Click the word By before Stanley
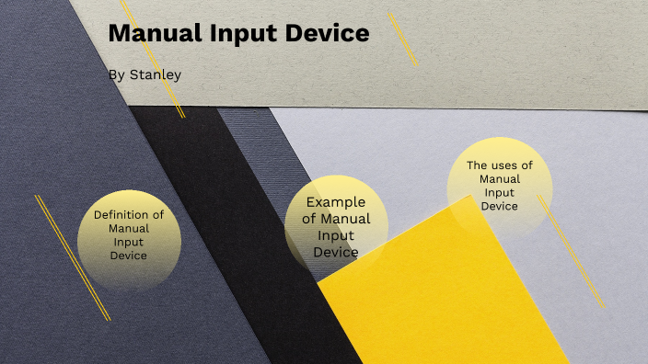click(115, 74)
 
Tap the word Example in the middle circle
click(336, 202)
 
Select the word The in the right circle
click(477, 165)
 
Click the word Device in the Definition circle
click(129, 256)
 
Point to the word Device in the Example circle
click(336, 252)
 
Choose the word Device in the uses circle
click(500, 206)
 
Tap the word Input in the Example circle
click(336, 235)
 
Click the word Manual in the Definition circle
click(129, 228)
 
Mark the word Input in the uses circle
click(500, 192)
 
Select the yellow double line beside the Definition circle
click(72, 257)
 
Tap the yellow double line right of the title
click(402, 39)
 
